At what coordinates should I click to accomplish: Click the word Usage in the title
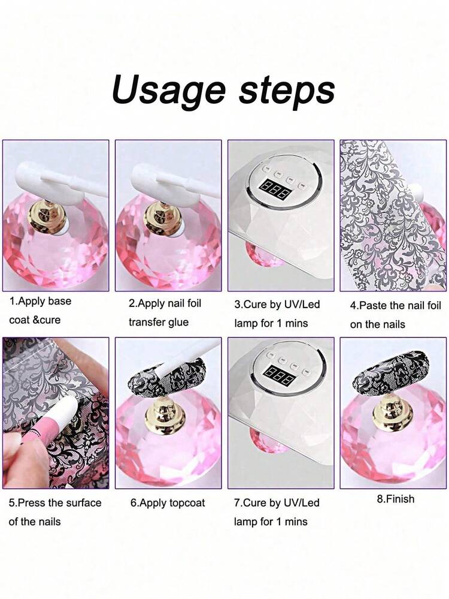point(169,91)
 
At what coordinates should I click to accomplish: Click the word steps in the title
point(287,91)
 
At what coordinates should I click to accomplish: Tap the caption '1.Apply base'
point(40,301)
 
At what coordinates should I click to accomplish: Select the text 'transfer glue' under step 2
point(158,322)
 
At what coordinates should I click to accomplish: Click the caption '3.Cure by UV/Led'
point(277,305)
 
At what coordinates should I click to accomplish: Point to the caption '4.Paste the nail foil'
point(395,306)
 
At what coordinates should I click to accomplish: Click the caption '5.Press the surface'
point(55,502)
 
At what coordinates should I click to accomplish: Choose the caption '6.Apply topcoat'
point(168,502)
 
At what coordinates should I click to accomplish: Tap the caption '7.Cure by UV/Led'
point(277,502)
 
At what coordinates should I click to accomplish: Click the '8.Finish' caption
point(395,499)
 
